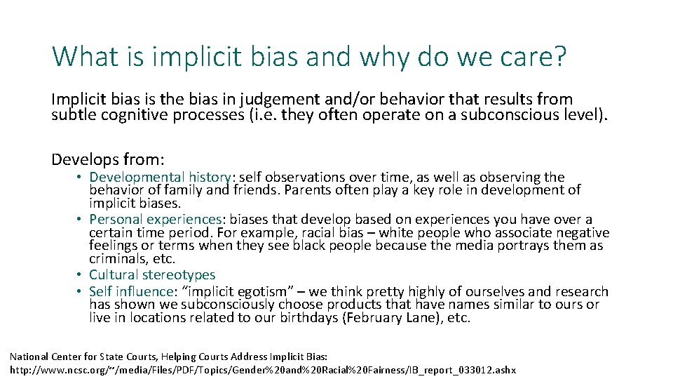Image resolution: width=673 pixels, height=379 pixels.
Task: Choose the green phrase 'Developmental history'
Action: coord(160,178)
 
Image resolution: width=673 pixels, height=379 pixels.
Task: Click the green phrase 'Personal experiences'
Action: coord(155,220)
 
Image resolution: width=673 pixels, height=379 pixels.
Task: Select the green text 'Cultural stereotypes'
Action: coord(152,275)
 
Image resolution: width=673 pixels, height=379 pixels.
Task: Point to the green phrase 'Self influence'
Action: coord(131,291)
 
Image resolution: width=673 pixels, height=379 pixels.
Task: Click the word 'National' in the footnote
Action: coord(29,357)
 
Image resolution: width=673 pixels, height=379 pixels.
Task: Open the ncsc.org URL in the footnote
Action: coord(262,369)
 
